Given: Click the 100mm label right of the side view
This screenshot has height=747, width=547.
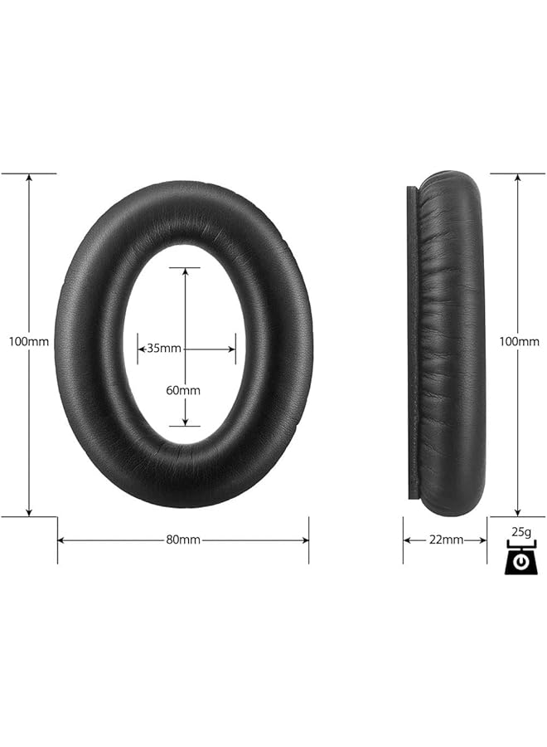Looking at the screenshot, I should pyautogui.click(x=519, y=341).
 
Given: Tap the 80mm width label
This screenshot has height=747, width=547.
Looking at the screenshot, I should pyautogui.click(x=183, y=539).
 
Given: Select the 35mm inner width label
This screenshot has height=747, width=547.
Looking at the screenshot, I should pyautogui.click(x=164, y=349).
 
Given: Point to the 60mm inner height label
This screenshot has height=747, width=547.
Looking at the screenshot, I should pyautogui.click(x=183, y=389).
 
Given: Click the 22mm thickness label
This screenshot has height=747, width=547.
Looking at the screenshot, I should pyautogui.click(x=446, y=539).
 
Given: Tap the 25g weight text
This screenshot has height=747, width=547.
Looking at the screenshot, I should pyautogui.click(x=520, y=530).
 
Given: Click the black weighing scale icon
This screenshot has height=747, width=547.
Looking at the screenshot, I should pyautogui.click(x=520, y=559).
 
